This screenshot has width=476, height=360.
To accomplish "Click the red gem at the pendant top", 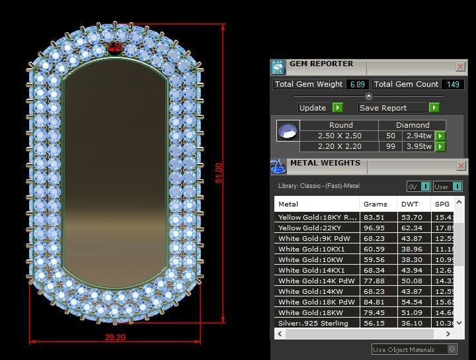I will tap(115, 48).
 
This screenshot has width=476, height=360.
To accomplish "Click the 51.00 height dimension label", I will tap(219, 173).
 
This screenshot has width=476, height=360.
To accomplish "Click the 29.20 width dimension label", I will tap(115, 337).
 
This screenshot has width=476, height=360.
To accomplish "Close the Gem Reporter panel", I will tap(460, 67).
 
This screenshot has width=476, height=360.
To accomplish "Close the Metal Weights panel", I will tap(460, 166).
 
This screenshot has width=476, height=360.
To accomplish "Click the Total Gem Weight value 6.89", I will tap(358, 85).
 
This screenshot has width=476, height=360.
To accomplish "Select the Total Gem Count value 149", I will tap(453, 85).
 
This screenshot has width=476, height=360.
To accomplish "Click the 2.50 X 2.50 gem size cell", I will tap(340, 136).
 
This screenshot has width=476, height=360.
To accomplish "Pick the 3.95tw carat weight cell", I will tap(418, 146).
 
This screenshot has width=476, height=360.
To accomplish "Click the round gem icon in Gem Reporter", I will tap(288, 131).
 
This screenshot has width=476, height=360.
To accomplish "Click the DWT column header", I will tap(411, 204).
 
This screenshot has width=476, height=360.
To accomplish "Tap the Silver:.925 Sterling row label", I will tap(313, 323).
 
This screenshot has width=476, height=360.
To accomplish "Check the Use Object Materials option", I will tap(452, 349).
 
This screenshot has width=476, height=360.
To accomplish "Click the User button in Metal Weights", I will tap(450, 187).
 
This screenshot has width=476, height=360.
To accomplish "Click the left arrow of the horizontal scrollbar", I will tap(280, 334).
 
